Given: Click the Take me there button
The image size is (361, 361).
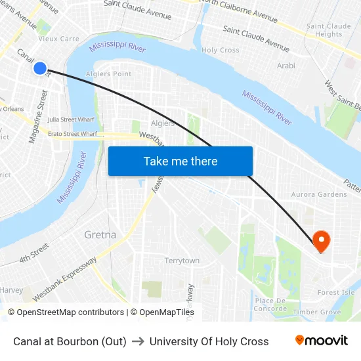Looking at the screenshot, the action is click(180, 161).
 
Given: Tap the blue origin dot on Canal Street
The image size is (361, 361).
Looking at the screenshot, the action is click(40, 68).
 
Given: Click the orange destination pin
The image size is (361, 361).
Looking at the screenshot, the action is click(322, 241).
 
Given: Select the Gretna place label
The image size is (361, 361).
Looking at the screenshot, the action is click(100, 234).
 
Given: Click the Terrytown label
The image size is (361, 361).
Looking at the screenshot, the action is click(182, 261).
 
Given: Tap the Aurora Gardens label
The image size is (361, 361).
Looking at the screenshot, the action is click(319, 194).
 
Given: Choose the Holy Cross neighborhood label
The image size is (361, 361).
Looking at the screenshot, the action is click(221, 50).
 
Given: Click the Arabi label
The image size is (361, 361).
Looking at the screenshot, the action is click(286, 66).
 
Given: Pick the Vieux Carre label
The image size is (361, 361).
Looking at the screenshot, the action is click(59, 39).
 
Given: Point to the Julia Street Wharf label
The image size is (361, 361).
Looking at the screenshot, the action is click(72, 119).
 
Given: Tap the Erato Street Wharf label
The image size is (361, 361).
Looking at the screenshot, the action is click(72, 134).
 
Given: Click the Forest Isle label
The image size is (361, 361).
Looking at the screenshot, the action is click(335, 292).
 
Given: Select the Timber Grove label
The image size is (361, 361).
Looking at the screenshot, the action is click(317, 312).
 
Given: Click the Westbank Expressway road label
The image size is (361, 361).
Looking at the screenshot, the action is click(64, 279).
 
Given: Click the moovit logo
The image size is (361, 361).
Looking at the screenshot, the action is click(321, 341).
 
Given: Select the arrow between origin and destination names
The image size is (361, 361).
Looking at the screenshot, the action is click(138, 341).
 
